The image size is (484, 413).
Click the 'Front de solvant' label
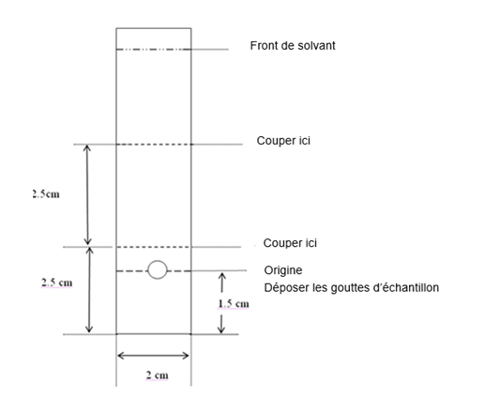[x=293, y=46]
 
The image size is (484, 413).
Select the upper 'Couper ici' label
[x=283, y=141]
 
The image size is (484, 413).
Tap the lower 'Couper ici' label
[x=290, y=243]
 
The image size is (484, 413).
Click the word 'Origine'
[x=283, y=270]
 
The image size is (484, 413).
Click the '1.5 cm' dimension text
[x=234, y=303]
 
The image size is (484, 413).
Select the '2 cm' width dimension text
[x=158, y=375]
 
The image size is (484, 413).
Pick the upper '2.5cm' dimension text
[x=46, y=194]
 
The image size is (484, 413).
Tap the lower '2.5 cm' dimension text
[x=57, y=283]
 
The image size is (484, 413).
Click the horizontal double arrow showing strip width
[x=153, y=356]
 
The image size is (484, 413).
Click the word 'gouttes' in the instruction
[x=350, y=288]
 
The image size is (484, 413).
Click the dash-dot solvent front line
[x=154, y=50]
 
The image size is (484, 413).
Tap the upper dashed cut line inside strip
[x=154, y=145]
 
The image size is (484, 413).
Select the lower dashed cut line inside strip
[x=154, y=247]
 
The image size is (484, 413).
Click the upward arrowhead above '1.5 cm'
[x=222, y=276]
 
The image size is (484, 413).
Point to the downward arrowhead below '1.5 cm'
[x=221, y=329]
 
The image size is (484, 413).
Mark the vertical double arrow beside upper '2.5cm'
[x=87, y=194]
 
